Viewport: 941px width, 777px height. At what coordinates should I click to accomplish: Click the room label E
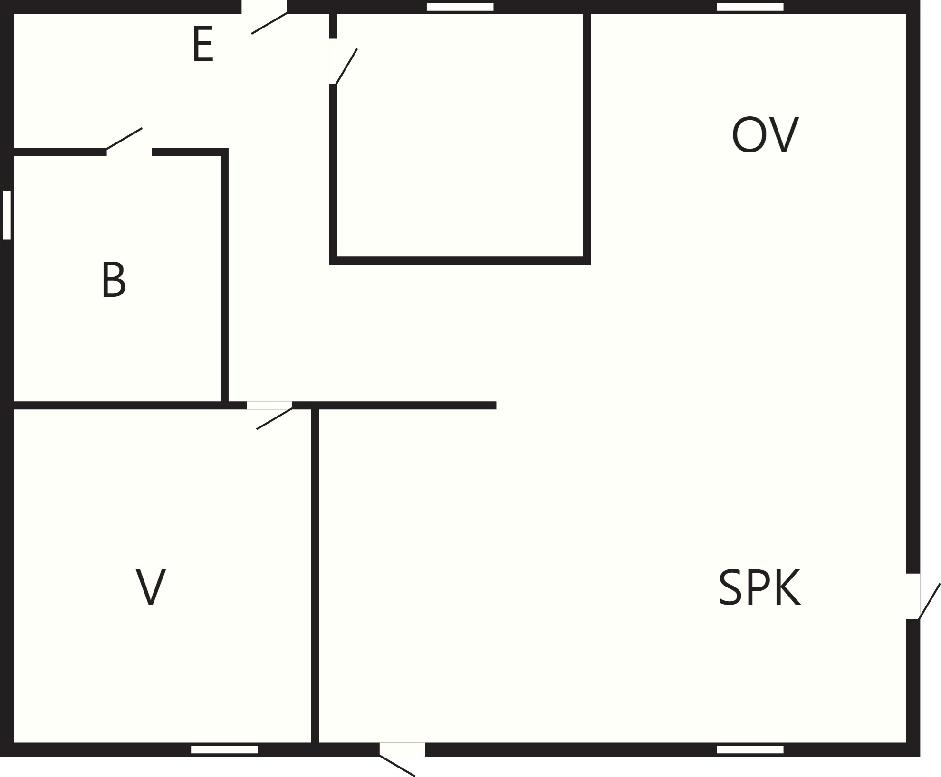tap(203, 44)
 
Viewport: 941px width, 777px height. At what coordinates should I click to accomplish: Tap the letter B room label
tap(114, 280)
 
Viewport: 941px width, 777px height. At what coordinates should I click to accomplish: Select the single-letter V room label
tap(151, 587)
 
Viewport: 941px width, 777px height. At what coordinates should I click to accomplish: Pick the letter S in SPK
tap(730, 587)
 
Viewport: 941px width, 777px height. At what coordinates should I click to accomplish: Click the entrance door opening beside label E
tap(264, 7)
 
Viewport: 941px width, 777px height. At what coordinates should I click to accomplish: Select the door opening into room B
tap(129, 152)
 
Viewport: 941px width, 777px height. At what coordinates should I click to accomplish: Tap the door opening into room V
tap(269, 405)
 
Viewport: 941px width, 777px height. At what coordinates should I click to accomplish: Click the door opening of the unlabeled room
tap(333, 61)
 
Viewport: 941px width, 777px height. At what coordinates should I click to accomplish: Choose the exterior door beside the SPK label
tap(913, 596)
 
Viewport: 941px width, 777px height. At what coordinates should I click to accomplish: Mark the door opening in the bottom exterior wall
tap(402, 749)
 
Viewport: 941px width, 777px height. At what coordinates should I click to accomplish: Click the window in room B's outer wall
tap(7, 215)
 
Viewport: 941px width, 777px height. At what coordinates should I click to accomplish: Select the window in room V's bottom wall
tap(224, 749)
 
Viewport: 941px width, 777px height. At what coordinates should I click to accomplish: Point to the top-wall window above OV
tap(750, 7)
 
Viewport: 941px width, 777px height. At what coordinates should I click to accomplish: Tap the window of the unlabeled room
tap(460, 7)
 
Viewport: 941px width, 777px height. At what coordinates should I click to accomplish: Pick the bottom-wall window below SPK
tap(750, 749)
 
